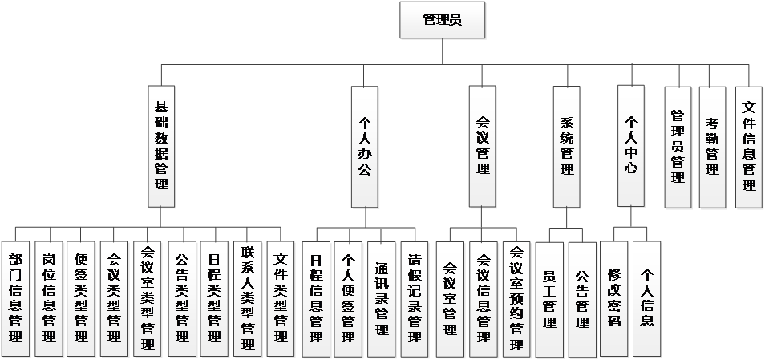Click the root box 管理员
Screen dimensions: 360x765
click(x=442, y=20)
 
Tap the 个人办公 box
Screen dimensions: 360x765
click(x=364, y=147)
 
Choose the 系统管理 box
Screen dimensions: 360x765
click(x=566, y=147)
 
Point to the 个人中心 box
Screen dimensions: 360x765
click(x=631, y=147)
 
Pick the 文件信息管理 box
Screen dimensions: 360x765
click(x=749, y=147)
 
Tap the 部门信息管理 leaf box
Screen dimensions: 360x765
click(x=15, y=298)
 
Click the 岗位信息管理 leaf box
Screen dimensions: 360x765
click(x=48, y=298)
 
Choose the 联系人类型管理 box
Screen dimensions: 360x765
click(x=248, y=298)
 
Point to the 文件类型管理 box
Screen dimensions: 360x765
click(x=281, y=298)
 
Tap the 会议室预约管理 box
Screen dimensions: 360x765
click(x=516, y=298)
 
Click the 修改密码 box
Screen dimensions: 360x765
click(x=614, y=298)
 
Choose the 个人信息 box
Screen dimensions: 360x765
click(x=647, y=298)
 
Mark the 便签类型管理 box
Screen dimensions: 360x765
click(x=81, y=298)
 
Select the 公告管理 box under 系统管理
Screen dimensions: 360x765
click(x=582, y=298)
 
